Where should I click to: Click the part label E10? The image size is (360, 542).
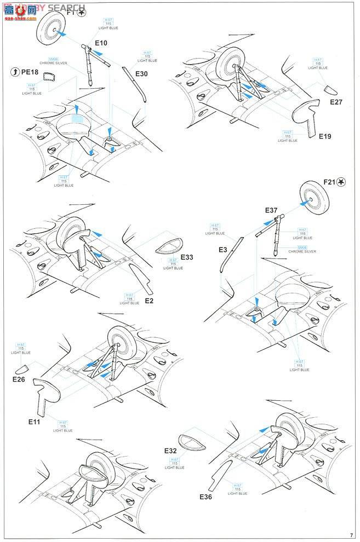[x=101, y=42]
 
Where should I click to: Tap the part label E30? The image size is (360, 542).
[x=141, y=73]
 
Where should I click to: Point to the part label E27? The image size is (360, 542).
[x=336, y=101]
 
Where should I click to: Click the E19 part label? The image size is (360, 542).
[x=325, y=136]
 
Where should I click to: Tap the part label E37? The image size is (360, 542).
[x=271, y=210]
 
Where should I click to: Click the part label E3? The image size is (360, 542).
[x=223, y=249]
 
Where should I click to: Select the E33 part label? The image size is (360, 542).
[x=187, y=257]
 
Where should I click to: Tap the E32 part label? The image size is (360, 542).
[x=170, y=450]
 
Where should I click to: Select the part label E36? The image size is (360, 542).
[x=206, y=497]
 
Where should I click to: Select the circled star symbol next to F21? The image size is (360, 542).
[x=342, y=182]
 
